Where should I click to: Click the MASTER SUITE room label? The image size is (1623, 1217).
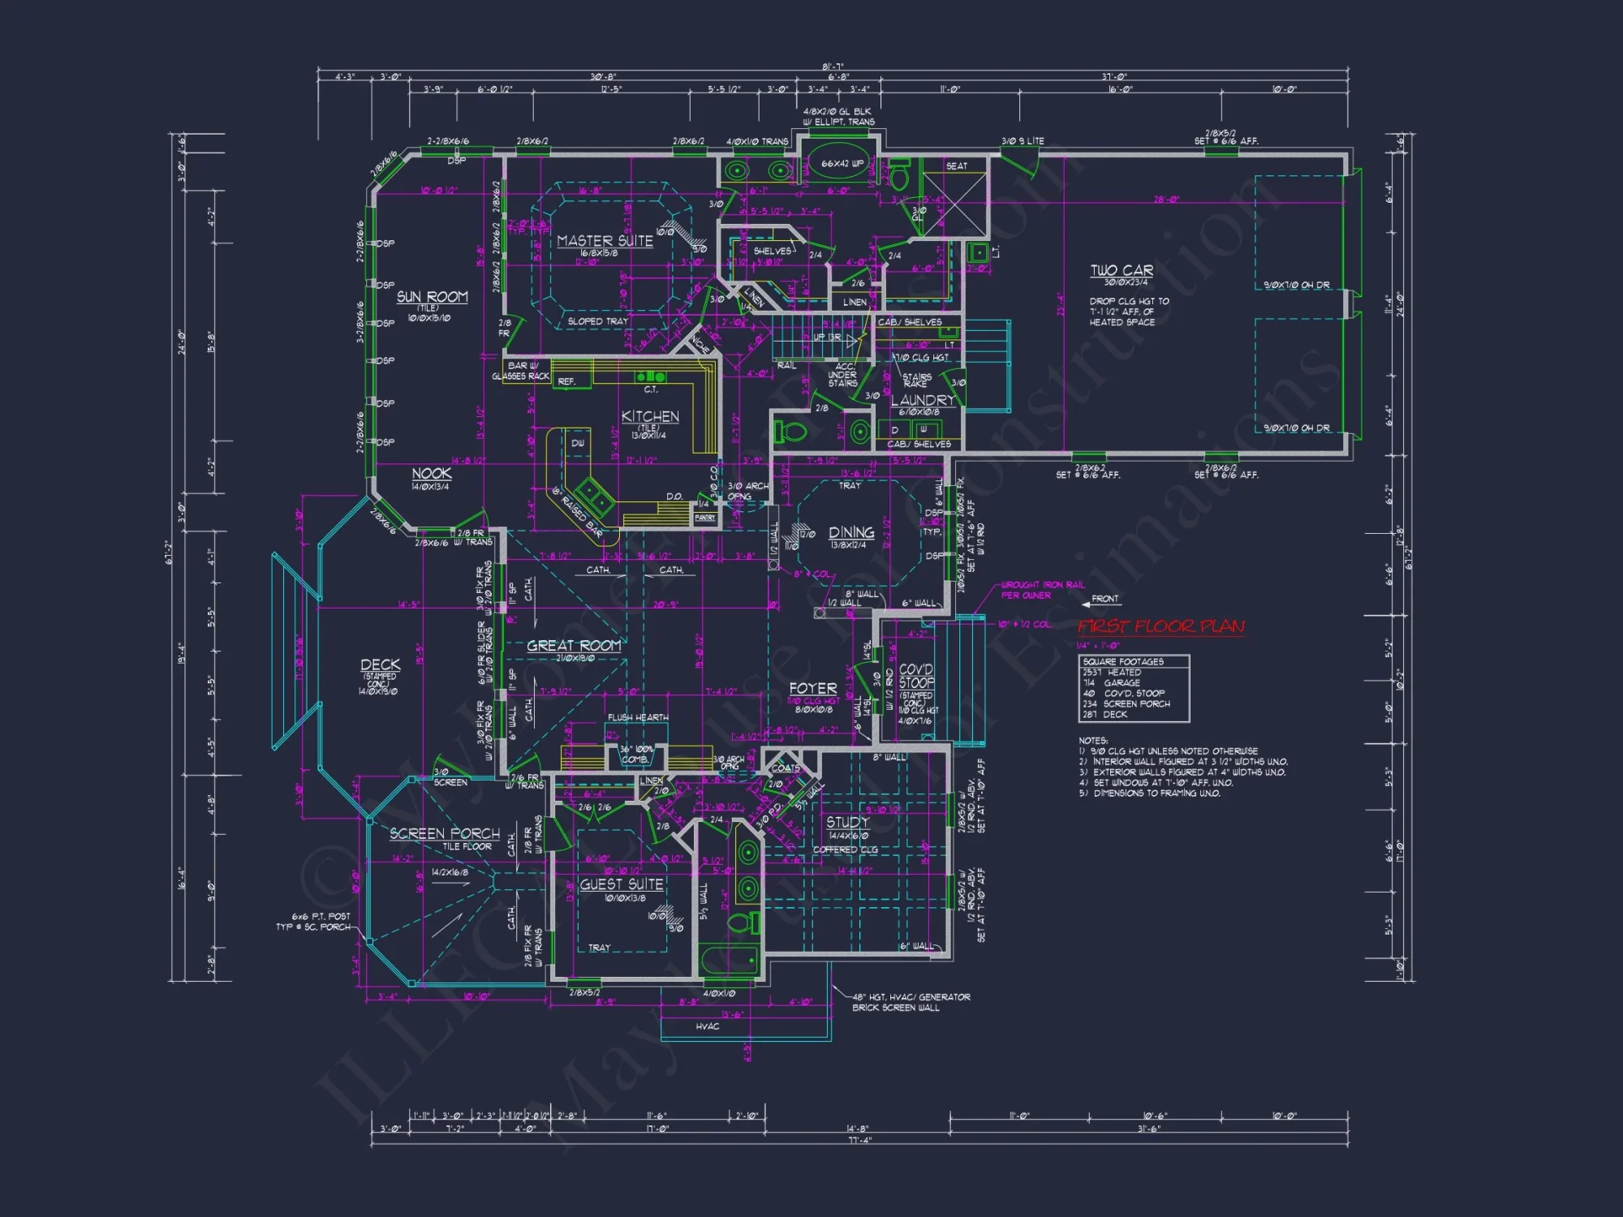pyautogui.click(x=605, y=241)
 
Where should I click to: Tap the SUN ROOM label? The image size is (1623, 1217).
pyautogui.click(x=432, y=297)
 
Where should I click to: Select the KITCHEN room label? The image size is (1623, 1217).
pyautogui.click(x=650, y=416)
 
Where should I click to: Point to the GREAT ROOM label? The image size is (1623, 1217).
pyautogui.click(x=574, y=646)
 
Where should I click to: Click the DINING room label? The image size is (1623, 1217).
pyautogui.click(x=851, y=532)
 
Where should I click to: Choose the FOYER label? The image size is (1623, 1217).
pyautogui.click(x=812, y=688)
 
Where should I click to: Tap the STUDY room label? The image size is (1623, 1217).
pyautogui.click(x=847, y=822)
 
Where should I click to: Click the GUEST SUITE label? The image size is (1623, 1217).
pyautogui.click(x=622, y=884)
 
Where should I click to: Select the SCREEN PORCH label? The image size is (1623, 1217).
pyautogui.click(x=445, y=833)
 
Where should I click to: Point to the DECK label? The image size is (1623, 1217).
pyautogui.click(x=380, y=664)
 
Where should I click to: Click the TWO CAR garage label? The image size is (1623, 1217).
pyautogui.click(x=1121, y=270)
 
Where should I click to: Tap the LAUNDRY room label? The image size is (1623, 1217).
pyautogui.click(x=923, y=400)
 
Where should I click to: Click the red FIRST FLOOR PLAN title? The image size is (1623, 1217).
pyautogui.click(x=1160, y=626)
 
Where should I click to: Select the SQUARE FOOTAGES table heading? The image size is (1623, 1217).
pyautogui.click(x=1123, y=661)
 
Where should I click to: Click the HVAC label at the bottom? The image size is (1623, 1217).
pyautogui.click(x=707, y=1026)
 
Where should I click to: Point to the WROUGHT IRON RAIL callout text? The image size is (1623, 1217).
pyautogui.click(x=1042, y=585)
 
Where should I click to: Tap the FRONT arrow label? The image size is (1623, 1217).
pyautogui.click(x=1104, y=599)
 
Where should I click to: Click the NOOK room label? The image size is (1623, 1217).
pyautogui.click(x=431, y=473)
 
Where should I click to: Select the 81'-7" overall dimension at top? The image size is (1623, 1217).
pyautogui.click(x=833, y=67)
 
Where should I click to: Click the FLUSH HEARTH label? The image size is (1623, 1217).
pyautogui.click(x=638, y=717)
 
